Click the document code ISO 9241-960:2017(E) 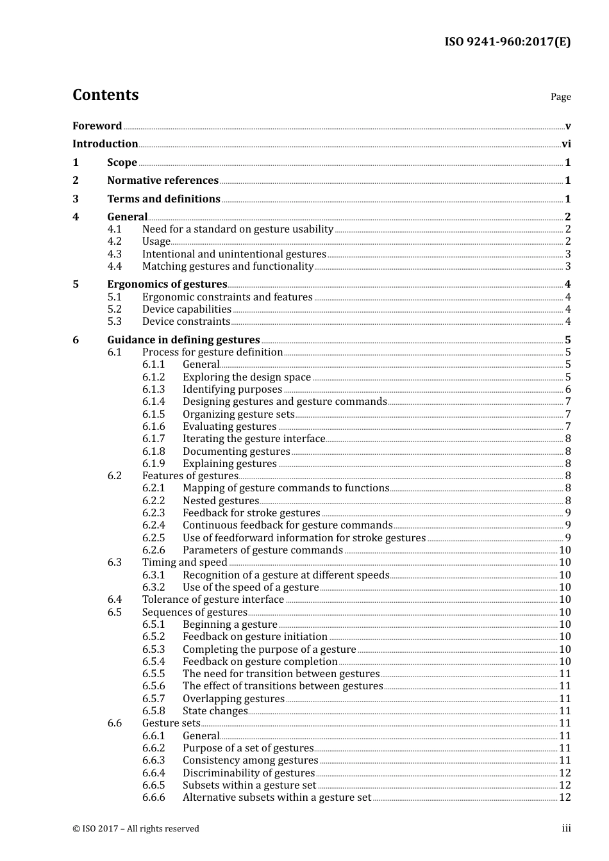tap(507, 42)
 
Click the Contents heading tap(105, 95)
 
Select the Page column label tap(560, 97)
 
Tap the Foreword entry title tap(97, 126)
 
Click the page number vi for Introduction tap(566, 144)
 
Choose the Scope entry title tap(122, 163)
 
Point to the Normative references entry tap(163, 181)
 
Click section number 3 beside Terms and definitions tap(76, 199)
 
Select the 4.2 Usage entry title tap(156, 242)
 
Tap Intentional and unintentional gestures tap(234, 254)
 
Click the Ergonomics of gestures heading tap(167, 284)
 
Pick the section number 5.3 tap(114, 322)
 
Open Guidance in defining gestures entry tap(183, 340)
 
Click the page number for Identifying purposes tap(568, 389)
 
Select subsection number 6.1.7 tap(153, 439)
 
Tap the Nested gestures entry tap(221, 501)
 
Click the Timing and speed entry tap(185, 562)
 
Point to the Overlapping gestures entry tap(233, 699)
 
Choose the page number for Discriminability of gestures tap(565, 773)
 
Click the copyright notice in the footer tap(136, 829)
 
